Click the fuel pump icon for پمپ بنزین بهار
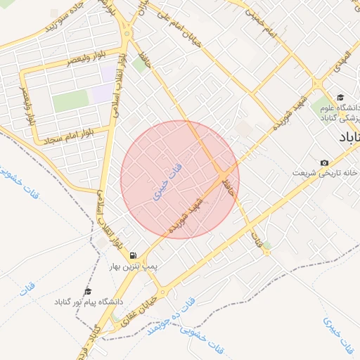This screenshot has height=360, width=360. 133,256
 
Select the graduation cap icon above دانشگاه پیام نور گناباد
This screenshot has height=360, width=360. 88,290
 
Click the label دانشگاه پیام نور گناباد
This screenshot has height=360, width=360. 88,302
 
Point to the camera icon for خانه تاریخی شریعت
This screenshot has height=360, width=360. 324,162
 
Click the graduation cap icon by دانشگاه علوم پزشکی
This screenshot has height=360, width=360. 340,98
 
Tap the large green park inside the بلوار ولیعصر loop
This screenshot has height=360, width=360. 71,101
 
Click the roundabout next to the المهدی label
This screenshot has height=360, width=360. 319,84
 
